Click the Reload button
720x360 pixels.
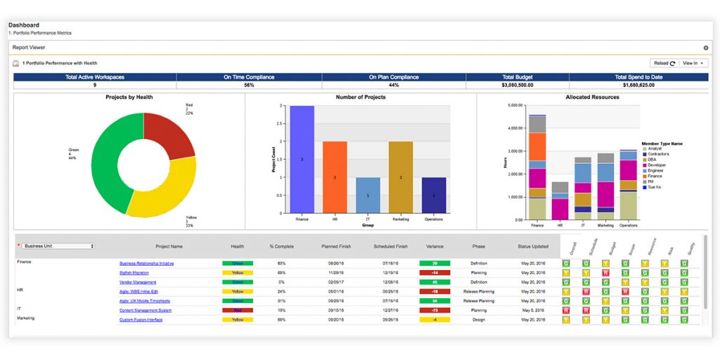(x=663, y=63)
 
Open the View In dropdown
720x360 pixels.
(x=693, y=63)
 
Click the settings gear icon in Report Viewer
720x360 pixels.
(x=705, y=48)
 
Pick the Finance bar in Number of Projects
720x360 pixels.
(x=302, y=160)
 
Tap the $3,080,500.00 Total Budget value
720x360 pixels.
(x=517, y=85)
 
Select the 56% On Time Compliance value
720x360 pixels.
(x=249, y=85)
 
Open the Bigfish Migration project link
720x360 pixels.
(x=134, y=273)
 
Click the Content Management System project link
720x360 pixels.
(x=145, y=310)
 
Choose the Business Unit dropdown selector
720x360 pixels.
(x=58, y=246)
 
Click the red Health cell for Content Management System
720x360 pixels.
(x=238, y=310)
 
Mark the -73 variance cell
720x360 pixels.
(x=435, y=310)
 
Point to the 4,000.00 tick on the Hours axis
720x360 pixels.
(x=514, y=128)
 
